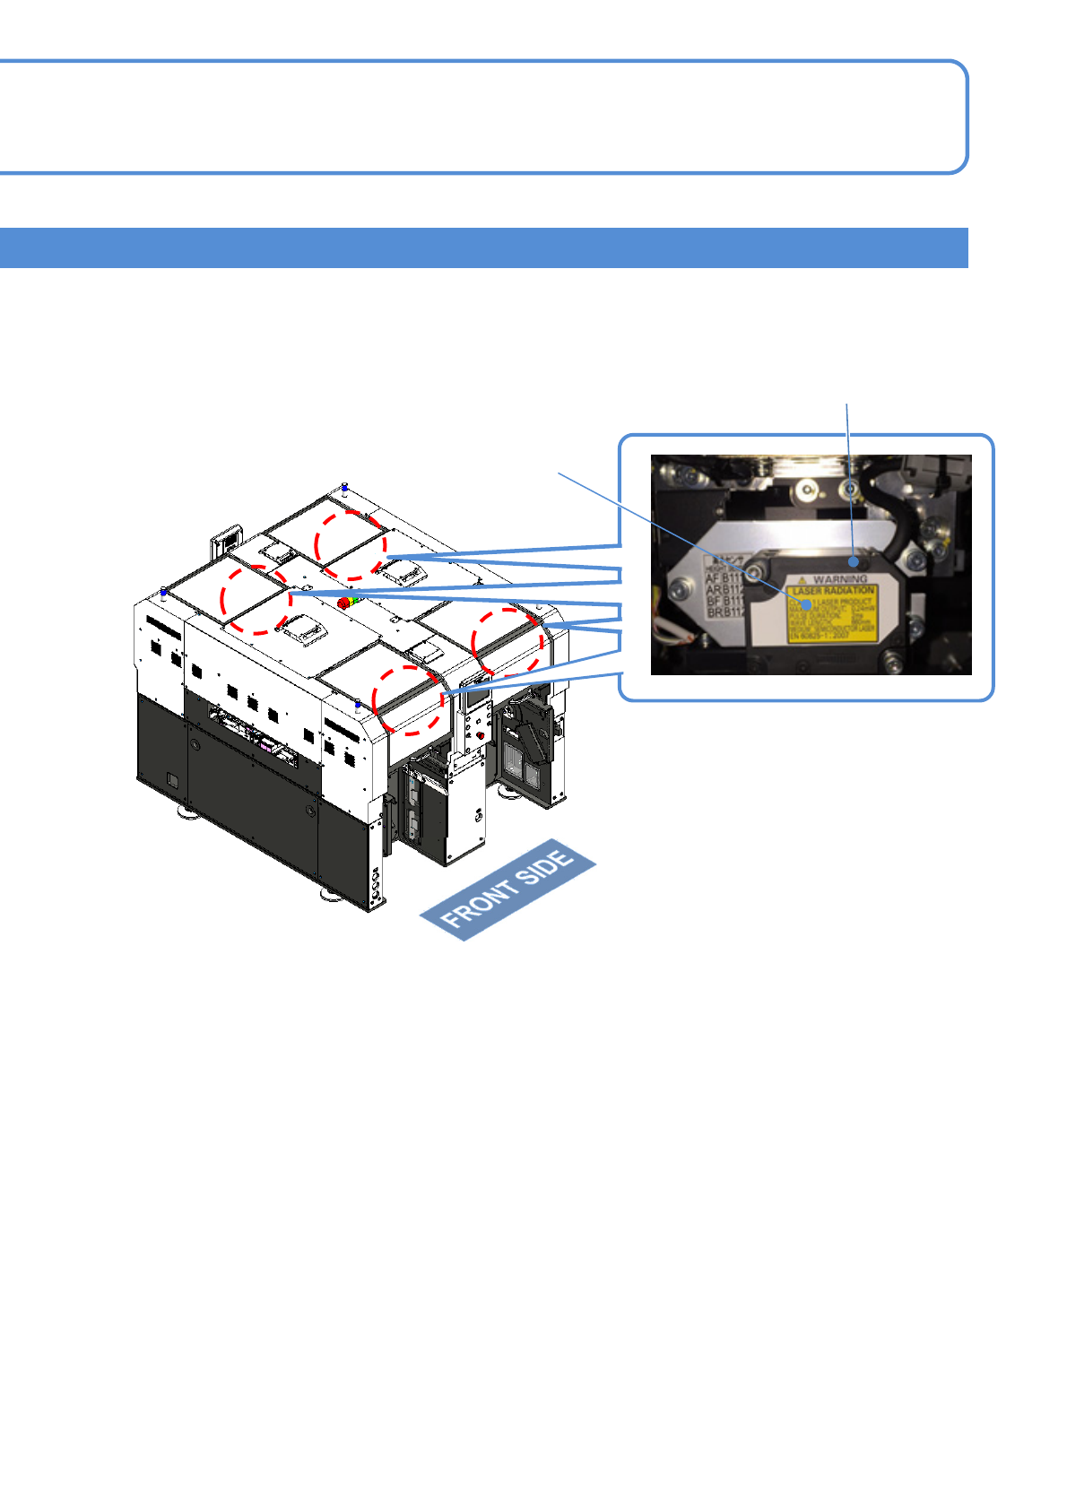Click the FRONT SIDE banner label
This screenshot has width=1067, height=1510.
(x=508, y=890)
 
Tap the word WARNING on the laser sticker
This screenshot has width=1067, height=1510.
(x=840, y=579)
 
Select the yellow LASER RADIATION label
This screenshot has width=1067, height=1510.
(x=831, y=614)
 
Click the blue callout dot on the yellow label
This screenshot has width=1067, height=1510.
(x=810, y=605)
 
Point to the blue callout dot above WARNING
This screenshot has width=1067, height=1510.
(x=854, y=562)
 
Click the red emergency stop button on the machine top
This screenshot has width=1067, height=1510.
(x=343, y=603)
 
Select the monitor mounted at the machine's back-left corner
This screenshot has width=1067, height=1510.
(x=225, y=542)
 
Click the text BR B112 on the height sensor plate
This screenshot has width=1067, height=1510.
(x=725, y=612)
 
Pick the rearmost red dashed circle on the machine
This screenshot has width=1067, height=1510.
(x=351, y=545)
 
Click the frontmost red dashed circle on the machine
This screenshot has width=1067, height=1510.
(x=408, y=700)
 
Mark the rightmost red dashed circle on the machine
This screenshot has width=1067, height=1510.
(x=507, y=642)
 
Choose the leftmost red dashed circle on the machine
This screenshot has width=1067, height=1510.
(x=256, y=600)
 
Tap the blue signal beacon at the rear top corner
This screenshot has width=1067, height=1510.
(x=345, y=488)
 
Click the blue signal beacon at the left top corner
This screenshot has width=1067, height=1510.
(x=163, y=593)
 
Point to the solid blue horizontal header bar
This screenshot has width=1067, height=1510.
(x=484, y=247)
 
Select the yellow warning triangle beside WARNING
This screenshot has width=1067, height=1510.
(x=803, y=580)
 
